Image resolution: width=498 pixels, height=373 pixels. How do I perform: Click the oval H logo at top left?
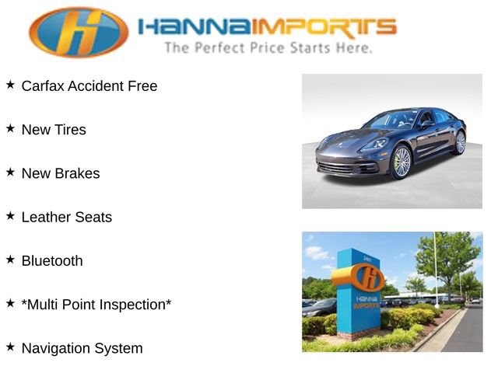tap(79, 33)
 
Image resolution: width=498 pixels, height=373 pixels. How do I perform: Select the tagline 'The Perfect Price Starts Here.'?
tap(268, 48)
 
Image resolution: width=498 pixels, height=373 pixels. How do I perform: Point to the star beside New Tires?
tap(10, 128)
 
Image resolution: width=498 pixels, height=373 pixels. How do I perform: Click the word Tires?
tap(70, 130)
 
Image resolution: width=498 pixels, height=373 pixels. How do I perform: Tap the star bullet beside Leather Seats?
tap(10, 215)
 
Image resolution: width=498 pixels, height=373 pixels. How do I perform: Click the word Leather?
tap(45, 218)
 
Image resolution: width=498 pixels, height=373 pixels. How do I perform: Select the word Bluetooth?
tap(52, 261)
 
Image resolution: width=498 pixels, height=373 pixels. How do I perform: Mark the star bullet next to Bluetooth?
tap(10, 259)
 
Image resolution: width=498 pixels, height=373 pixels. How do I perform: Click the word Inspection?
tap(134, 305)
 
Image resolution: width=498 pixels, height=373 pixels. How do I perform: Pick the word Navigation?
tap(56, 348)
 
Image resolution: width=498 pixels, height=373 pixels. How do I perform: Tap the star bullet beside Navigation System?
tap(10, 346)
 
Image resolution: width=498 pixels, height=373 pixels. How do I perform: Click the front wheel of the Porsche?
tap(401, 162)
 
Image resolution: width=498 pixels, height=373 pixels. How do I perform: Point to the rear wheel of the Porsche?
tap(460, 141)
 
